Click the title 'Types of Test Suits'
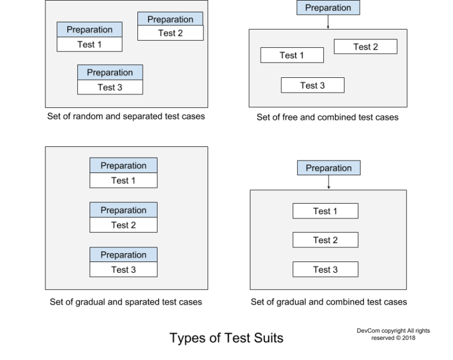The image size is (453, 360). [x=226, y=338]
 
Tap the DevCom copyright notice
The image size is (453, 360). [x=393, y=334]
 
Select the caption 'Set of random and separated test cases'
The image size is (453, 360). [x=126, y=116]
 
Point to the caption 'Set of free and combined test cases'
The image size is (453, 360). [x=327, y=117]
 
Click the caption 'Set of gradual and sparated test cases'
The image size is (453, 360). [x=126, y=302]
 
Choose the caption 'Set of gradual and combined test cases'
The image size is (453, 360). [x=329, y=302]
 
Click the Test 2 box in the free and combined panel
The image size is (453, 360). [x=365, y=47]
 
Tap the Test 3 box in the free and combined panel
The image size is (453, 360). [x=312, y=86]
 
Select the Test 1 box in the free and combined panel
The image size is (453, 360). [x=291, y=55]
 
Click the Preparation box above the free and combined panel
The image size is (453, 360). [x=328, y=8]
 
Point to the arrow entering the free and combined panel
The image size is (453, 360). [x=328, y=22]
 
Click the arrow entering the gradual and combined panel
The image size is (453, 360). [x=329, y=182]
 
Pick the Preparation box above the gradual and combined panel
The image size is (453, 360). [x=329, y=168]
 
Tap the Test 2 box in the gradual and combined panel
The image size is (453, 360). [x=325, y=240]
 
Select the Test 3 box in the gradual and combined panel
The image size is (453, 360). [x=325, y=270]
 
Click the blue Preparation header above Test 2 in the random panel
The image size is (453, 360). [x=170, y=19]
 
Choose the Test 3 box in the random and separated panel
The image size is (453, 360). [x=110, y=87]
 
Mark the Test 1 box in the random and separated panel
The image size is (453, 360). [x=89, y=44]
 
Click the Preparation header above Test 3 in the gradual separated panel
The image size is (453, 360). [x=123, y=255]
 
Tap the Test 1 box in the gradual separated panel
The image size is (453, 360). [x=123, y=181]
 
